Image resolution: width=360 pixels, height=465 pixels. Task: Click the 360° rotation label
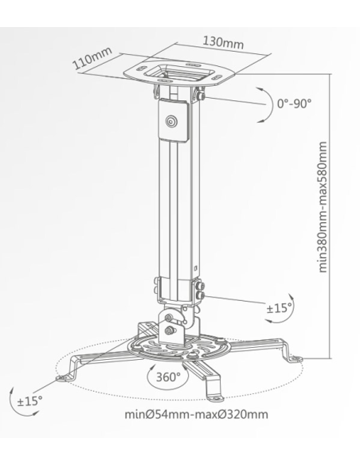point(168,374)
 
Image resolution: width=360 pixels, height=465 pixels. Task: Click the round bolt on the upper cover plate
point(171,123)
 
